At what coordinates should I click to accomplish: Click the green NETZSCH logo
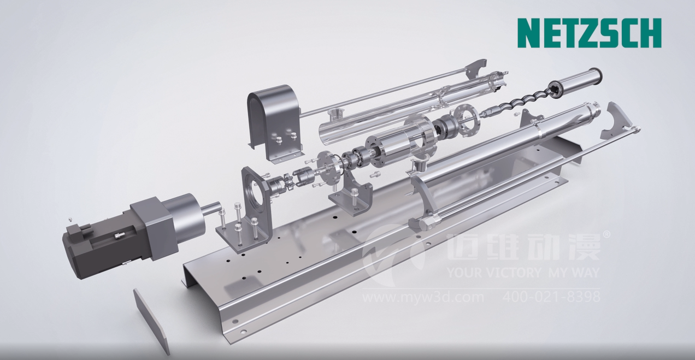coord(589,33)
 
